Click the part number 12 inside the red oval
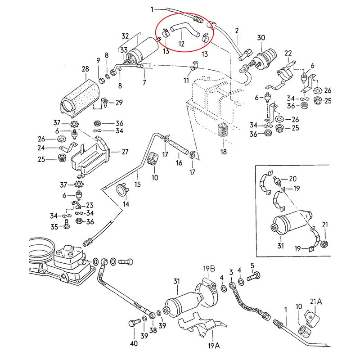pyautogui.click(x=181, y=44)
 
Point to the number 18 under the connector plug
pyautogui.click(x=224, y=152)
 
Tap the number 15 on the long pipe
pyautogui.click(x=137, y=184)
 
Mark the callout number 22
pyautogui.click(x=289, y=54)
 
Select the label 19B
pyautogui.click(x=207, y=269)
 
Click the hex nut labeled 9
pyautogui.click(x=101, y=81)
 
